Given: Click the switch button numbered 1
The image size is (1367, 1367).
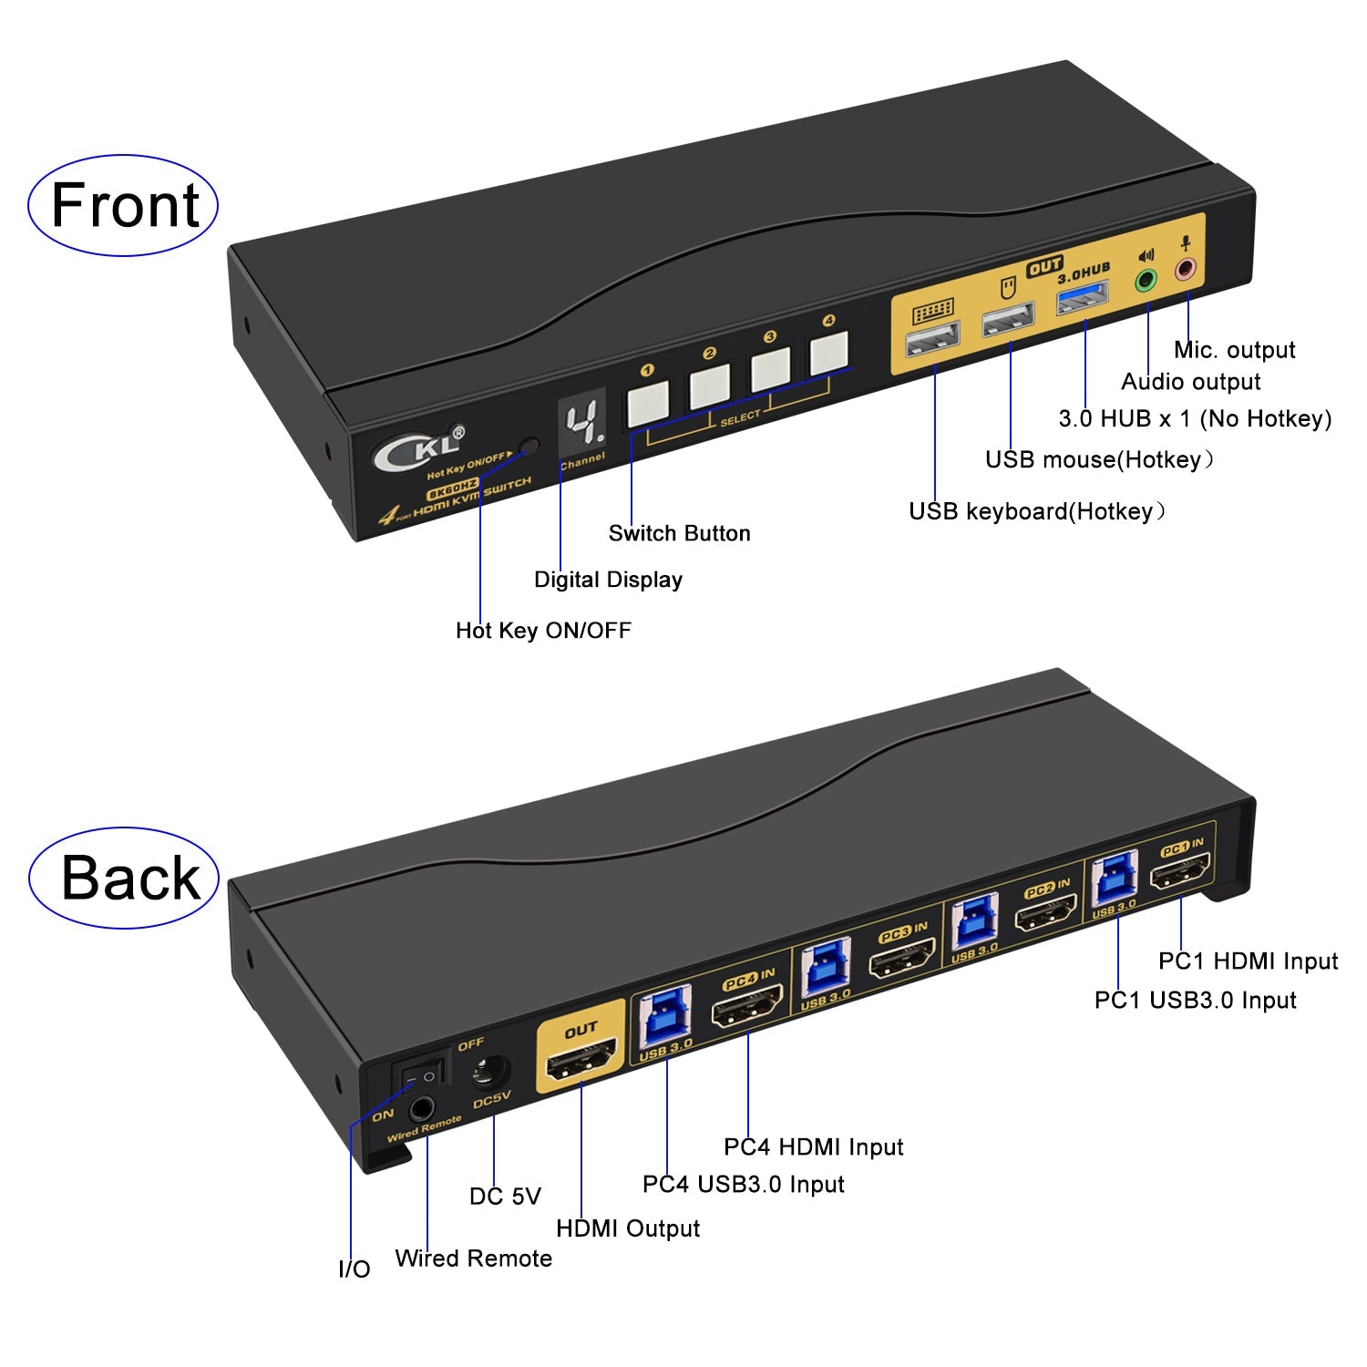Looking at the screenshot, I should click(648, 403).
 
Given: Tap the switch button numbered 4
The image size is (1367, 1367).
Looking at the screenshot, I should click(828, 352).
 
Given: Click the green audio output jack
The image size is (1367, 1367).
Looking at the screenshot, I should click(1146, 280).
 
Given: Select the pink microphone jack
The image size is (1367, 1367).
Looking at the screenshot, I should click(1185, 269).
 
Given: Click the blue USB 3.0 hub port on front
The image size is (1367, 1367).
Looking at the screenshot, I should click(1082, 298).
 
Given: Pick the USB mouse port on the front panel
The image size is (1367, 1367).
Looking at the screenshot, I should click(1008, 320).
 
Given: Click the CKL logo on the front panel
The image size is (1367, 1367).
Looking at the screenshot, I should click(418, 448).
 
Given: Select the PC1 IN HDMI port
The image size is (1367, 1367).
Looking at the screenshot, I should click(1180, 874).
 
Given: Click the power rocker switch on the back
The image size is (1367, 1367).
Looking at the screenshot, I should click(420, 1075).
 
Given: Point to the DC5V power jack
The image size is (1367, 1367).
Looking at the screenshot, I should click(490, 1071).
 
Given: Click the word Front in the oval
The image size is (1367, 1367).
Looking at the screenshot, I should click(124, 205).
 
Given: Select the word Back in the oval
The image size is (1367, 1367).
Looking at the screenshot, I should click(129, 879).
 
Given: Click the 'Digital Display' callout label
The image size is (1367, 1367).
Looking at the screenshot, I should click(608, 580).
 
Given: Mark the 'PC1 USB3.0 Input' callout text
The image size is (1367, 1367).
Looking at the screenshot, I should click(1195, 1000).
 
